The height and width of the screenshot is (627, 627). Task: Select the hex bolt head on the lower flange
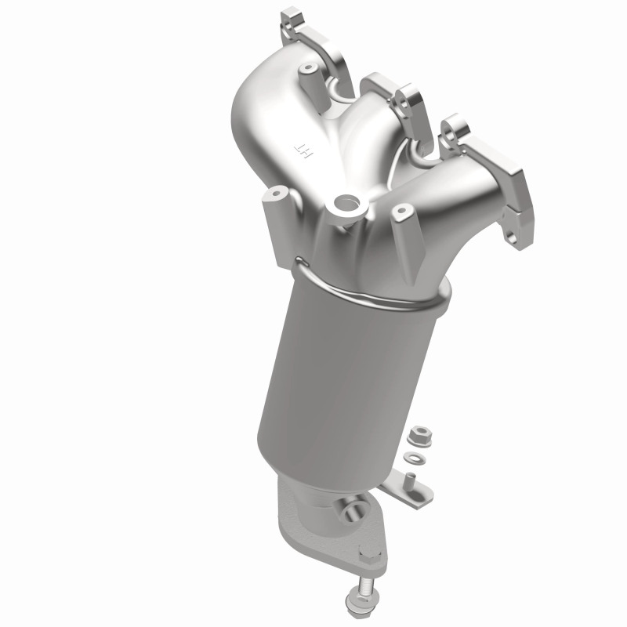click(366, 560)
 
